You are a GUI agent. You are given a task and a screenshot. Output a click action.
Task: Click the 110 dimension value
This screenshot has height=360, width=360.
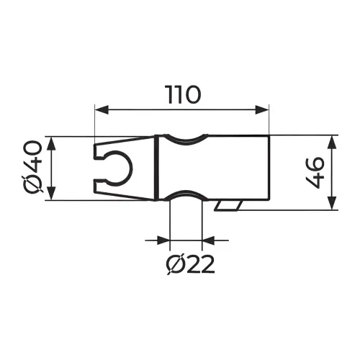(x=184, y=95)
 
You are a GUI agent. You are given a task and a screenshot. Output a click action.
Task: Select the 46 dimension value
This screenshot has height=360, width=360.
(x=315, y=173)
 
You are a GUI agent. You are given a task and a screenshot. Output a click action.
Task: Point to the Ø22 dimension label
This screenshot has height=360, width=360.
(x=190, y=264)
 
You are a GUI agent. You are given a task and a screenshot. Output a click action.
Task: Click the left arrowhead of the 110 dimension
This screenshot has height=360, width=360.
(x=102, y=110)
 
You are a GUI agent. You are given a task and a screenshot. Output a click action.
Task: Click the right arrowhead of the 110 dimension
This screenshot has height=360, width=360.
(x=262, y=110)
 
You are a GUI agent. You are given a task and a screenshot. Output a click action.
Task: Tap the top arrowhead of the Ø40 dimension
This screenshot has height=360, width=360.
(x=52, y=143)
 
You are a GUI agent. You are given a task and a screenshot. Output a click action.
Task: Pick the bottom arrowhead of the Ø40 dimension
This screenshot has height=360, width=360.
(x=52, y=193)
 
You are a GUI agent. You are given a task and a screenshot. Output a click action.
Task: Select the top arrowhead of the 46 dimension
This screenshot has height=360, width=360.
(x=332, y=143)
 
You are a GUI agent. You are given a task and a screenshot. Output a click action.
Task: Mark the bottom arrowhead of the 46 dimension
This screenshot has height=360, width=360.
(x=332, y=203)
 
